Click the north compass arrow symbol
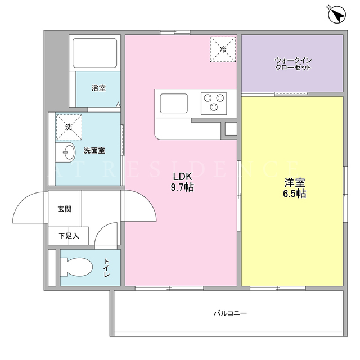point(336,15)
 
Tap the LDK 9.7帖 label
point(182,182)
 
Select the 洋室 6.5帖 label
point(295,188)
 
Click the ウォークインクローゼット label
point(293,64)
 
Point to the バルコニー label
point(230,313)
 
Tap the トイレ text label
point(106,268)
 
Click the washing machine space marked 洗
point(69,127)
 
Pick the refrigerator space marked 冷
point(223,49)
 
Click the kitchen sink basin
point(174,103)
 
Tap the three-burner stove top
point(214,103)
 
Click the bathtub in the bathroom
point(95,53)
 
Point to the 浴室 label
point(99,88)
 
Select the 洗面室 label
point(94,151)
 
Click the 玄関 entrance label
point(65,209)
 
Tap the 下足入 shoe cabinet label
point(69,236)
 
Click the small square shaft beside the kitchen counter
point(231,129)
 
